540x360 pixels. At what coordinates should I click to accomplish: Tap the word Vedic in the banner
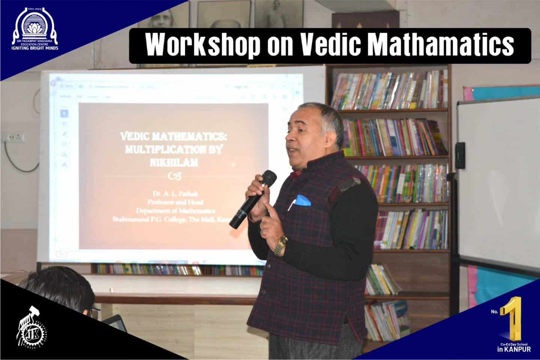point(330,45)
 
